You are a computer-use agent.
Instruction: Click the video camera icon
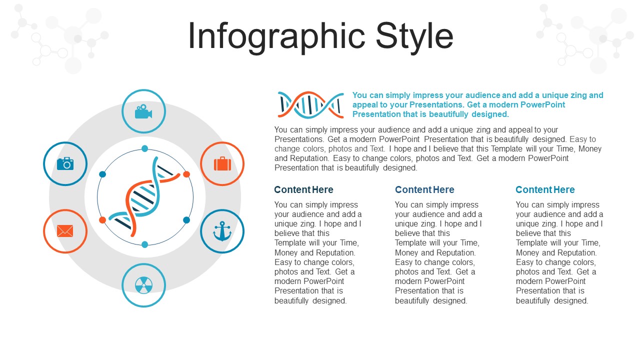[x=143, y=111]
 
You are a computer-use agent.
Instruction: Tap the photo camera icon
[x=65, y=163]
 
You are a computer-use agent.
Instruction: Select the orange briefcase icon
[x=222, y=163]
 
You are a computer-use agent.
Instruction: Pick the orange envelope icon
[x=65, y=231]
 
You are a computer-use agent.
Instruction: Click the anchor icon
[x=222, y=231]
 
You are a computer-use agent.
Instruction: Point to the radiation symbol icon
[x=143, y=285]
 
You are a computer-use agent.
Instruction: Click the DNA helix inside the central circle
[x=144, y=197]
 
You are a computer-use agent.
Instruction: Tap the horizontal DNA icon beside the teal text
[x=311, y=105]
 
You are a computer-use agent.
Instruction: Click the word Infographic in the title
[x=276, y=36]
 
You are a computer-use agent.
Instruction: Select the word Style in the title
[x=414, y=36]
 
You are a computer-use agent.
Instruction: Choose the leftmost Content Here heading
[x=303, y=189]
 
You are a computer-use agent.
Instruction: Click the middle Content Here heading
[x=424, y=189]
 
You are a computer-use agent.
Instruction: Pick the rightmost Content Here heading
[x=545, y=189]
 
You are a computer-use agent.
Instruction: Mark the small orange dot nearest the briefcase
[x=186, y=174]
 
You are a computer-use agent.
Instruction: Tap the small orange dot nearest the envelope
[x=102, y=220]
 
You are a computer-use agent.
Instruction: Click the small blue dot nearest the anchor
[x=186, y=220]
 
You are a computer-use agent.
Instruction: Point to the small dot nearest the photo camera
[x=102, y=174]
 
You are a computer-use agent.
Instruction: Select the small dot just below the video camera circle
[x=145, y=148]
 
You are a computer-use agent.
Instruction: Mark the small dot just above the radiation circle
[x=145, y=244]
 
